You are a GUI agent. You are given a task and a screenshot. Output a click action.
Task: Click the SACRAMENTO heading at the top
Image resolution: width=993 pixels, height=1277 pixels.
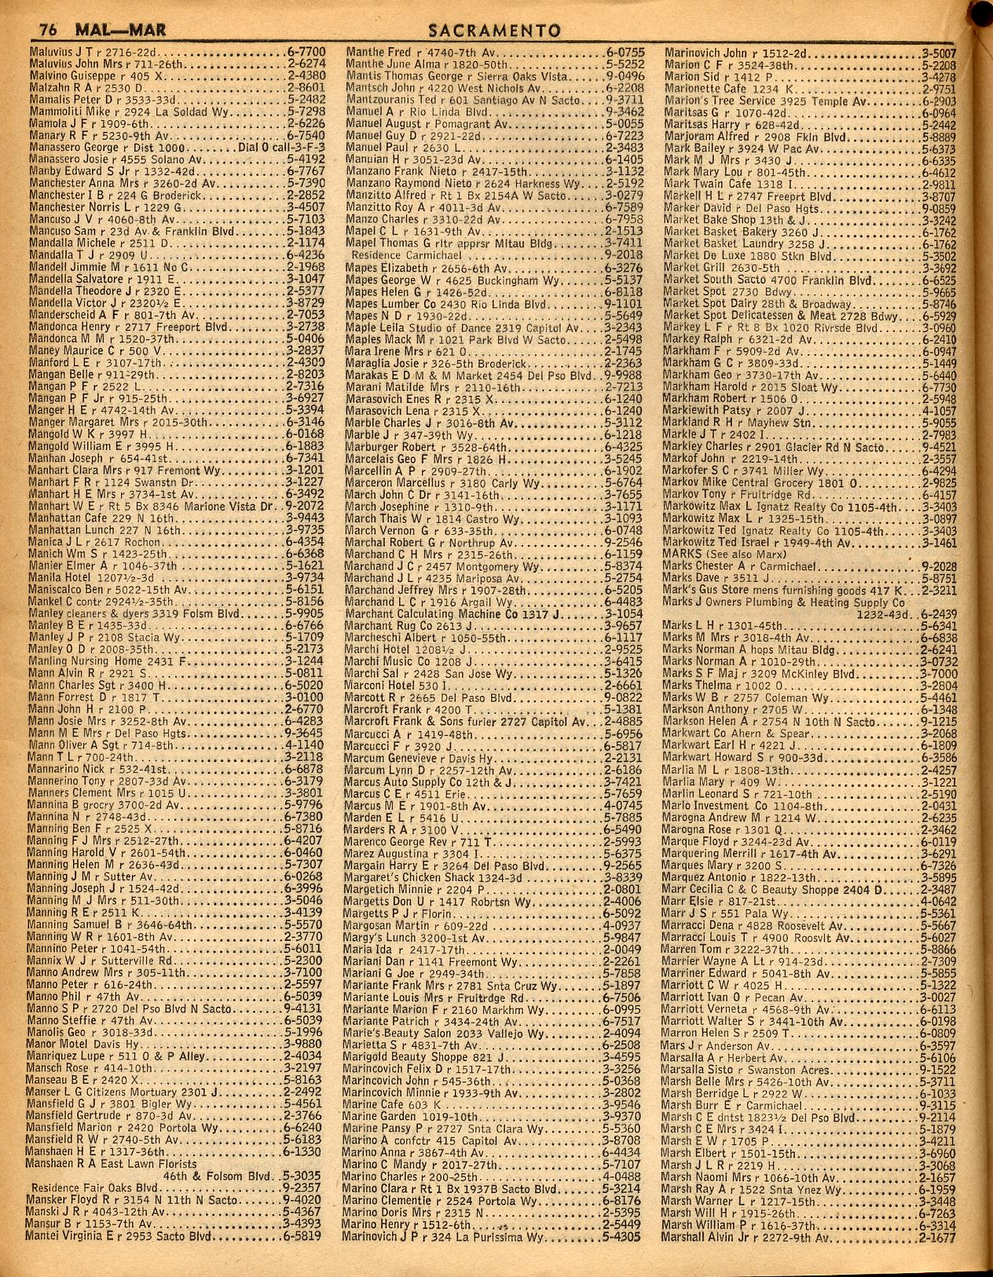coord(496,31)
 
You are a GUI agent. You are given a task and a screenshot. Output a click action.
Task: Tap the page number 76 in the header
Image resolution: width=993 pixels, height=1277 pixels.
coord(48,31)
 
